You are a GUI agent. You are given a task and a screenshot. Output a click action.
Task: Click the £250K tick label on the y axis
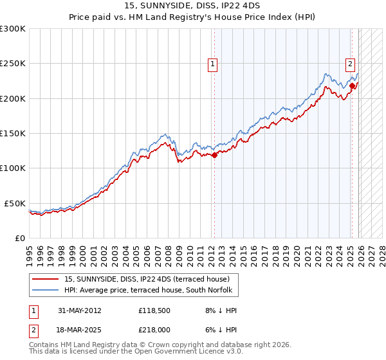point(13,64)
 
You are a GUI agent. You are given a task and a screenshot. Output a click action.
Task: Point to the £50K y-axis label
point(15,203)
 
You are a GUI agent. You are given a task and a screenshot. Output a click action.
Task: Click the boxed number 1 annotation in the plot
point(212,64)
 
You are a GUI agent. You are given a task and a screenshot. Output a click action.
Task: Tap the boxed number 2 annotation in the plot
point(351,64)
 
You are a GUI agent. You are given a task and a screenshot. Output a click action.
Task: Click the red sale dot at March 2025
point(352,85)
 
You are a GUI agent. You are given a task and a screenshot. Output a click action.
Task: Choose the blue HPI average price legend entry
point(152,291)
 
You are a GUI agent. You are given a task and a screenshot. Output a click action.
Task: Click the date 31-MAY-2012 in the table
point(80,310)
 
